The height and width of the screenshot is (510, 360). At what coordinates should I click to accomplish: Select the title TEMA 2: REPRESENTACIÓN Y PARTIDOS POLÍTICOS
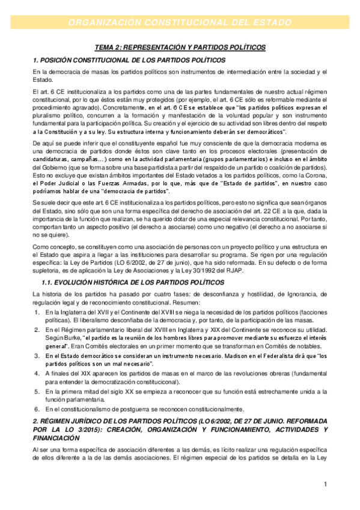pos(180,48)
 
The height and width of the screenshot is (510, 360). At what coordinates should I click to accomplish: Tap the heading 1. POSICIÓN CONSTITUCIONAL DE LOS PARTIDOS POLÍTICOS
pos(129,61)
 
